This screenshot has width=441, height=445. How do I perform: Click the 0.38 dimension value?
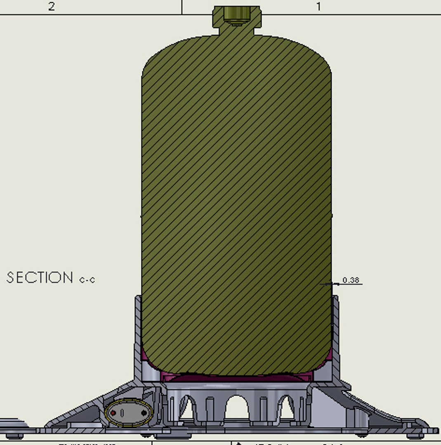click(x=351, y=280)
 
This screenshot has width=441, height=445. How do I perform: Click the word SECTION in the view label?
click(x=40, y=277)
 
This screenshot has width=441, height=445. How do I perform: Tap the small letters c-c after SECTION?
click(x=87, y=279)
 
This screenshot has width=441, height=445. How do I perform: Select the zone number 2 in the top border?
click(x=51, y=7)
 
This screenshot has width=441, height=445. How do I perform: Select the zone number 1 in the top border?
click(x=318, y=7)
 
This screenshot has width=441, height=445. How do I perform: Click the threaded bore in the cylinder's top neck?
click(x=236, y=14)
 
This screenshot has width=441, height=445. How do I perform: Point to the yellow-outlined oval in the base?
click(x=128, y=412)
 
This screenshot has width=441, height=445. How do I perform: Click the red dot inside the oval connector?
click(x=113, y=413)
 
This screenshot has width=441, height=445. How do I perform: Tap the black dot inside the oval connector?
click(x=144, y=413)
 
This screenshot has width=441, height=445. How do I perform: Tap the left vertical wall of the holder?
click(x=138, y=330)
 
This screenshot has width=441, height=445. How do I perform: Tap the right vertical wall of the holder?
click(x=336, y=330)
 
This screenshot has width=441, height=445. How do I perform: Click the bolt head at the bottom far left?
click(x=15, y=436)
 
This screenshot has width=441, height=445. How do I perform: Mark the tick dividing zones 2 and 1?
click(x=182, y=7)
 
